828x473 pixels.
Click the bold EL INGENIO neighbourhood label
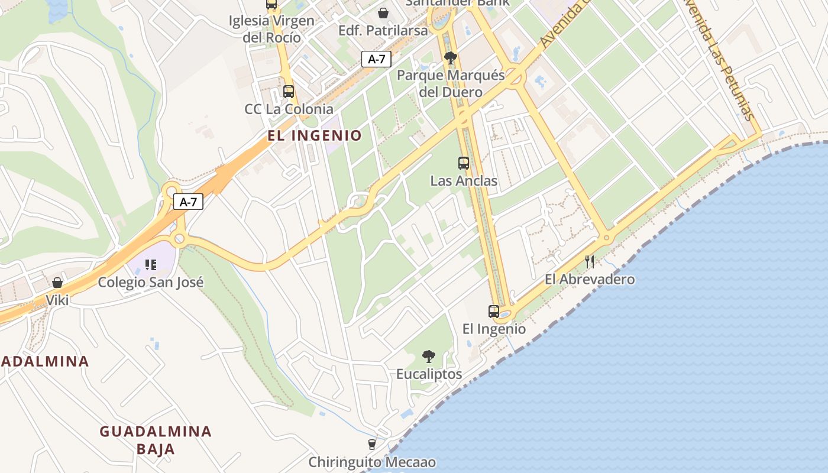pyautogui.click(x=314, y=135)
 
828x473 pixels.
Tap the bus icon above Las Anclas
pyautogui.click(x=464, y=163)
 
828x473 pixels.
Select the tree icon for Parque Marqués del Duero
pyautogui.click(x=451, y=58)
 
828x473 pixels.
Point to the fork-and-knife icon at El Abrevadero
pyautogui.click(x=590, y=261)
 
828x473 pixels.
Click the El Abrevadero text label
pyautogui.click(x=590, y=279)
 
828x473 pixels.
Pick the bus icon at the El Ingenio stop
pyautogui.click(x=493, y=311)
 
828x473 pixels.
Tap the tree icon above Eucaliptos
pyautogui.click(x=429, y=356)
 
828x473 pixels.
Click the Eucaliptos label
pyautogui.click(x=429, y=374)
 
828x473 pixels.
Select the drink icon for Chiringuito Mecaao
pyautogui.click(x=372, y=444)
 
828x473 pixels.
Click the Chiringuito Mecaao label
pyautogui.click(x=372, y=462)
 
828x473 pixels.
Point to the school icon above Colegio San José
pyautogui.click(x=151, y=264)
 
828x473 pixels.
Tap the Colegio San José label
pyautogui.click(x=151, y=282)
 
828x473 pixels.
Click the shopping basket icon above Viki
pyautogui.click(x=57, y=283)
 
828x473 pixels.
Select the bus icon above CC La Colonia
pyautogui.click(x=289, y=92)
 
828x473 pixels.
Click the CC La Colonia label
pyautogui.click(x=289, y=109)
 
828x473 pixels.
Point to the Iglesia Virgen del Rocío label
pyautogui.click(x=271, y=29)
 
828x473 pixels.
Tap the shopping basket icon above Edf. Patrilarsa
pyautogui.click(x=383, y=12)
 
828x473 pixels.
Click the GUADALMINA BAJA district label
pyautogui.click(x=156, y=440)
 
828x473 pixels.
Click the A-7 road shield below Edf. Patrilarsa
pyautogui.click(x=376, y=59)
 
